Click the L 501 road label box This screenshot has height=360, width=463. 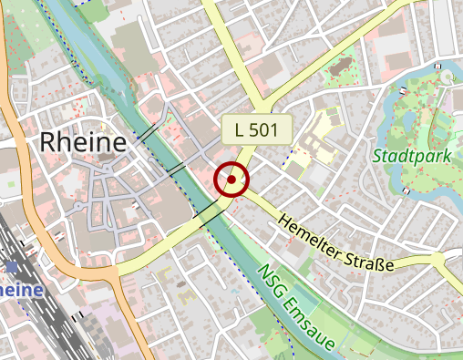pos(256,130)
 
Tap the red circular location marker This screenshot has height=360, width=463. pos(231,180)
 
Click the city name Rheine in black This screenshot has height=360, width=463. pos(82,142)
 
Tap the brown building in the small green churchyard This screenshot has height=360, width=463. pos(343,67)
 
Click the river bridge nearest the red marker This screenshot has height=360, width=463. pos(210,215)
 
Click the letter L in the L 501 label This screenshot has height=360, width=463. pos(239,130)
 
